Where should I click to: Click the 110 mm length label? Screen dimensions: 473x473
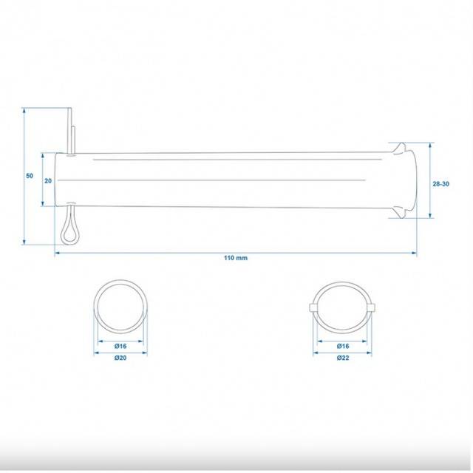236,258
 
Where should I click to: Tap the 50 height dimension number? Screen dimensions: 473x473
30,176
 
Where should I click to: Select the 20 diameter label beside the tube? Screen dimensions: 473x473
48,180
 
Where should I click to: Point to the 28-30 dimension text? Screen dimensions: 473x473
440,184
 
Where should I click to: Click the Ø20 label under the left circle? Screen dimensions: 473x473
120,358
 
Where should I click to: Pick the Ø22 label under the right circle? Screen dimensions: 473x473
343,358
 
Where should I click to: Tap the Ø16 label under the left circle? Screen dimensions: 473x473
120,346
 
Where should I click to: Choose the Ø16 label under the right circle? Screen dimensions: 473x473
343,346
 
